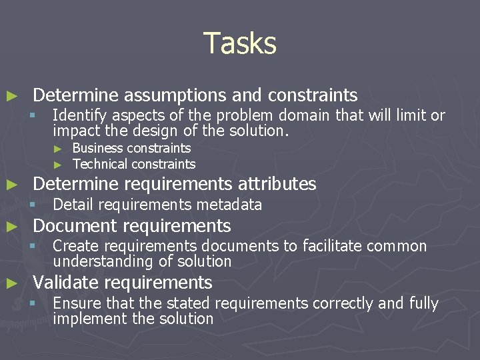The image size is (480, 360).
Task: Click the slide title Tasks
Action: [x=239, y=43]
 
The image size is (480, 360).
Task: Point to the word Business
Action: [x=97, y=148]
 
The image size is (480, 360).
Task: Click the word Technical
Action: [x=99, y=164]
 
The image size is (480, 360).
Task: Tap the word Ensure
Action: [x=74, y=304]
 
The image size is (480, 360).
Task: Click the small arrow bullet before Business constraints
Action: [x=58, y=149]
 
